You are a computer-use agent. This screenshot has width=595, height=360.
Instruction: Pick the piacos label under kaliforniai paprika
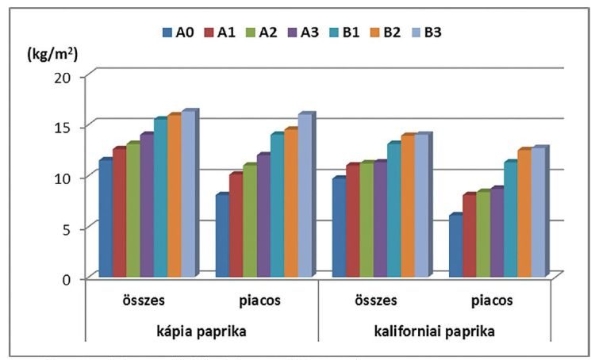click(x=493, y=301)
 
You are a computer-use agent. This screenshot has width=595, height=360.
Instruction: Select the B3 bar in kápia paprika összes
click(x=187, y=195)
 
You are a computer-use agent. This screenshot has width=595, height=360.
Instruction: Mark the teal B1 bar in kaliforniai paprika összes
click(x=393, y=210)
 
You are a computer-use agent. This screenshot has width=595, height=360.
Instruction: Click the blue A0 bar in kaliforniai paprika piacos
click(x=455, y=247)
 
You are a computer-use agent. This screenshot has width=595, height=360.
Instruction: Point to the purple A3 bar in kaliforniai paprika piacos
click(x=496, y=233)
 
